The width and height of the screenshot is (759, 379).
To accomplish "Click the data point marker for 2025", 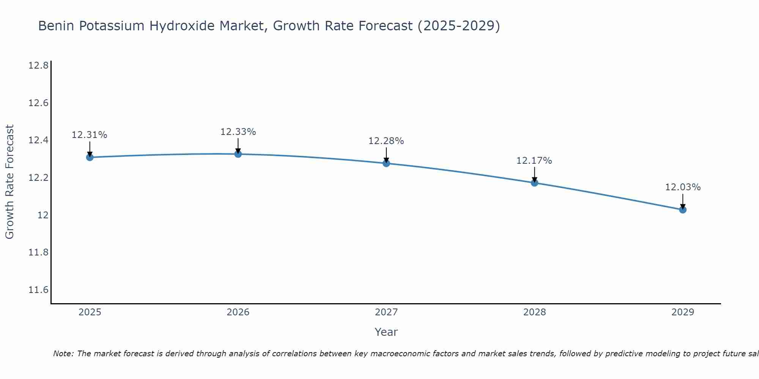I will click(x=90, y=157).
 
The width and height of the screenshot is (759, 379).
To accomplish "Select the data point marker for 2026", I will click(x=238, y=154).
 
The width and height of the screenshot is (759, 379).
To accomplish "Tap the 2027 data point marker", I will click(x=386, y=163).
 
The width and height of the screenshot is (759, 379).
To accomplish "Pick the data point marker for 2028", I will click(x=534, y=183).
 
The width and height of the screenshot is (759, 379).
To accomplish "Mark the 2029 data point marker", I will click(x=683, y=210).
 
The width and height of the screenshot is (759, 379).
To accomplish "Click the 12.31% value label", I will click(x=90, y=135).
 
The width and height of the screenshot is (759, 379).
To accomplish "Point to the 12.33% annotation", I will click(x=238, y=132).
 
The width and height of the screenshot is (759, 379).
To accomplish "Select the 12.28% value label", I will click(x=386, y=141).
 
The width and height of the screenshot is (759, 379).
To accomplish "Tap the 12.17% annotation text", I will click(x=534, y=161).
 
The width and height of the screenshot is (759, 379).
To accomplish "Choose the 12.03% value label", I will click(x=683, y=187).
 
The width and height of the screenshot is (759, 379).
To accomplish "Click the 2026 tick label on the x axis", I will click(x=238, y=312).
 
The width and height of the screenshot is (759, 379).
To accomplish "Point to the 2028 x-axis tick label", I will click(x=534, y=312).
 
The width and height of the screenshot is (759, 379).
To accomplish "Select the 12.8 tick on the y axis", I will click(x=38, y=66).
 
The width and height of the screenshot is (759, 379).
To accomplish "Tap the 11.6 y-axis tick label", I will click(x=38, y=290).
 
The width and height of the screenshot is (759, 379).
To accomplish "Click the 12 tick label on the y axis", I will click(x=43, y=215).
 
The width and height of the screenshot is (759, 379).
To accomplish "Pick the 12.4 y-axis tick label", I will click(x=38, y=141).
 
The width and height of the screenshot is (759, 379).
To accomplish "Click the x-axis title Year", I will click(x=386, y=332).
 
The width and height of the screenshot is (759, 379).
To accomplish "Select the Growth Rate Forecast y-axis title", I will click(x=9, y=182).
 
